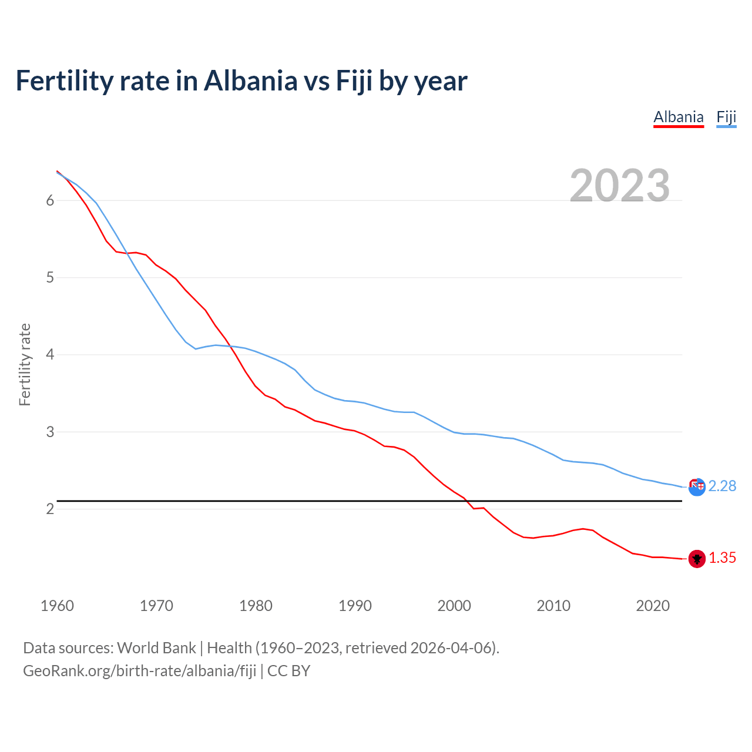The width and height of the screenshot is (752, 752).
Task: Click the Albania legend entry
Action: [x=679, y=117]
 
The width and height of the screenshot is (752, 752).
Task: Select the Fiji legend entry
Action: [x=726, y=117]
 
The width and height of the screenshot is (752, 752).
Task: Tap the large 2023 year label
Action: [x=619, y=186]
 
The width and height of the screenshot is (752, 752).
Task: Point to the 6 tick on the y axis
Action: [x=50, y=200]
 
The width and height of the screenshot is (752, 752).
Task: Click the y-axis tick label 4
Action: [x=50, y=355]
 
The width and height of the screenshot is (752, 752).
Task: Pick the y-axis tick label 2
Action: [x=50, y=509]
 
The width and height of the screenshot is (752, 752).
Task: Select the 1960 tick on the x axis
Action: [x=57, y=606]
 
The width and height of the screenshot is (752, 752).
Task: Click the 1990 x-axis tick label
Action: [x=355, y=606]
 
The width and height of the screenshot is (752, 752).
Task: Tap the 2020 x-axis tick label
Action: [x=653, y=606]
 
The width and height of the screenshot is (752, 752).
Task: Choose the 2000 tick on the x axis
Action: [x=454, y=606]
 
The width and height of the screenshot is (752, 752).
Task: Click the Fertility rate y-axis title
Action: [x=25, y=364]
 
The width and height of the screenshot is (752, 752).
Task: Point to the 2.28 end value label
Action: [x=722, y=486]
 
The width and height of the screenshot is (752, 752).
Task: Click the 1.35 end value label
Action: [x=722, y=558]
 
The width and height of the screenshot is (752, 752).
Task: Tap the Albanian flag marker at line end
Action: [x=697, y=559]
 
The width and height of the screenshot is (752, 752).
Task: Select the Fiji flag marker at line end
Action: [x=697, y=486]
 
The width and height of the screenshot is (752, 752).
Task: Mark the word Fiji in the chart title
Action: [x=354, y=80]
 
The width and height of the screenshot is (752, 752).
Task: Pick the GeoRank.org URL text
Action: [x=139, y=671]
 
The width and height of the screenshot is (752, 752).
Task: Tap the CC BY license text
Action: [x=288, y=671]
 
